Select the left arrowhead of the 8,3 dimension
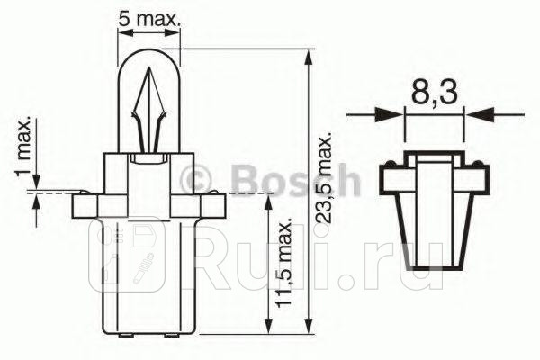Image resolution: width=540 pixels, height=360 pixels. tap(393, 114)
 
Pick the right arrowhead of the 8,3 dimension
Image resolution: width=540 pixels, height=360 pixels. tap(477, 114)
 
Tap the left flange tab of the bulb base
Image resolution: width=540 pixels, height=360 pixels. tap(82, 205)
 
